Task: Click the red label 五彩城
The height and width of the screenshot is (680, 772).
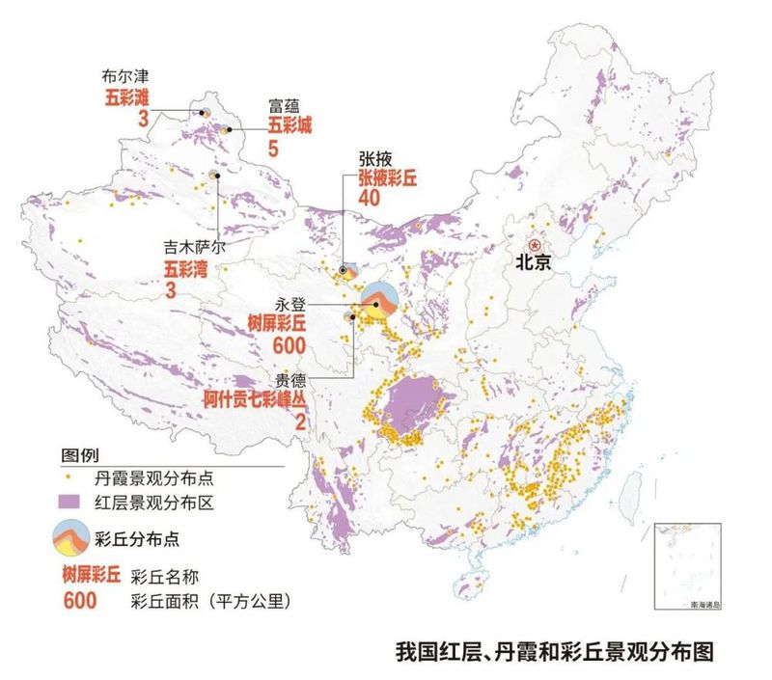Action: coord(290,124)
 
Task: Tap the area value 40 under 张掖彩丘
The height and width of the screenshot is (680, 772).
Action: coord(370,198)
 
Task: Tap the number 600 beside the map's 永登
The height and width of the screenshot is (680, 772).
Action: coord(289,345)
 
